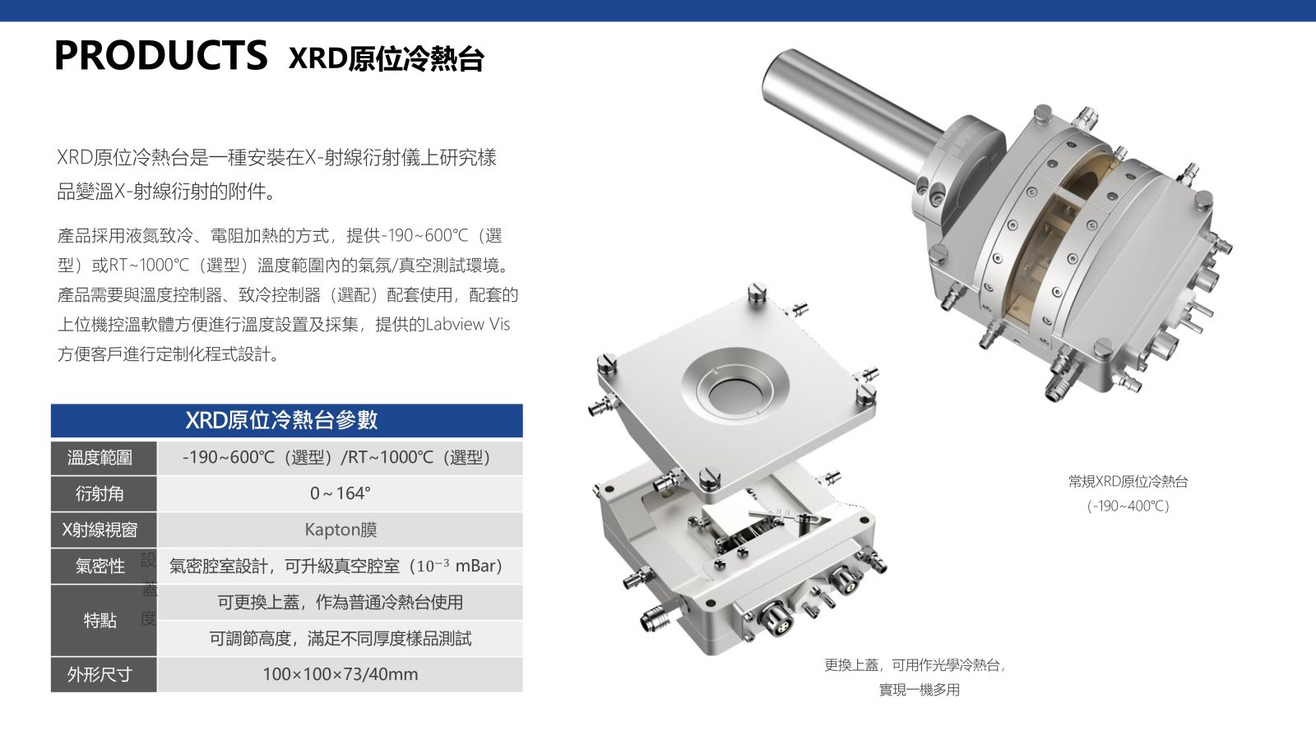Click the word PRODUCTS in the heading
(160, 55)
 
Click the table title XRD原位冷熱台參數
(281, 420)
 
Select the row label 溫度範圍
(100, 457)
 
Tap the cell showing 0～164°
(341, 493)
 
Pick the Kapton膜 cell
(341, 530)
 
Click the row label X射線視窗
(100, 530)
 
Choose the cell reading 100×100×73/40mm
(341, 674)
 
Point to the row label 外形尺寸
(100, 674)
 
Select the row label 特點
(100, 620)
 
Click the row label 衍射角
(100, 493)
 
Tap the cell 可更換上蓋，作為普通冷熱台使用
(341, 602)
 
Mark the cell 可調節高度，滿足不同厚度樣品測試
(341, 638)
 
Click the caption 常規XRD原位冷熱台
(1128, 482)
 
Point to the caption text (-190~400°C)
(1128, 506)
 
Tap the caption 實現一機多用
(920, 690)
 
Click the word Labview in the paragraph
(455, 324)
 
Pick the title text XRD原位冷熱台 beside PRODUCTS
(386, 58)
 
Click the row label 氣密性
(100, 567)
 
